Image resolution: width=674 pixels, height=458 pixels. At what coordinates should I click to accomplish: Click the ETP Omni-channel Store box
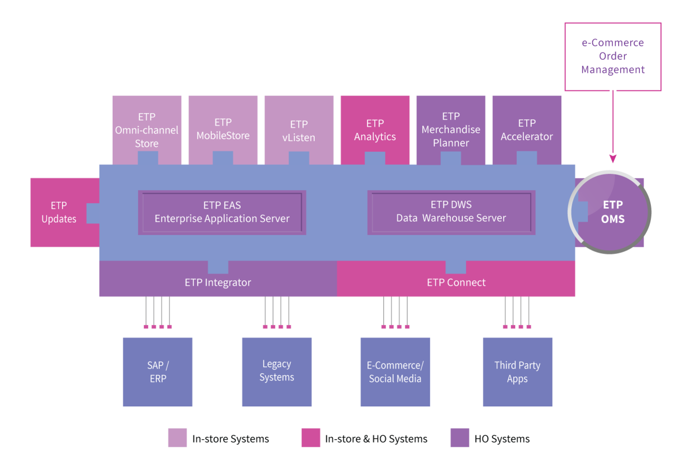[x=147, y=130]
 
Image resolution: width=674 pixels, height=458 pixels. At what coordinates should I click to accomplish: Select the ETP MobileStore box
[x=223, y=130]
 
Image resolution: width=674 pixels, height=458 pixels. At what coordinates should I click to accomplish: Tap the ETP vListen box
[x=299, y=130]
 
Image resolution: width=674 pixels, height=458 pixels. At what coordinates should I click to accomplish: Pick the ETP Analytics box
[x=375, y=130]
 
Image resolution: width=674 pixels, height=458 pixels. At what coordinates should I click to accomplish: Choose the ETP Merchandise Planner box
[x=451, y=130]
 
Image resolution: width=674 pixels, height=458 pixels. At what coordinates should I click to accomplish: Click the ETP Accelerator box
[x=527, y=130]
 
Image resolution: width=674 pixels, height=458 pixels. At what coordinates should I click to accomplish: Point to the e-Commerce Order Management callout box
[x=613, y=57]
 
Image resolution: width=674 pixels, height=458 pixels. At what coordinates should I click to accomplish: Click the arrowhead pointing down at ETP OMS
[x=613, y=159]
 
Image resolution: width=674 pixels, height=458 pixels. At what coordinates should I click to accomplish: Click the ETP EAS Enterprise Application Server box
[x=222, y=213]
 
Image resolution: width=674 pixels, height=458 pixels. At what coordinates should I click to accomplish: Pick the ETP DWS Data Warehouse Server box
[x=452, y=213]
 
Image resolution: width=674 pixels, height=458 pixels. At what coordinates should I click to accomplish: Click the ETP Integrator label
[x=218, y=283]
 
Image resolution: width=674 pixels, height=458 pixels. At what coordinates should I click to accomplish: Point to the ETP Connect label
[x=456, y=283]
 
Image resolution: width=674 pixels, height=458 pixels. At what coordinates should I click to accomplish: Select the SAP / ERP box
[x=158, y=372]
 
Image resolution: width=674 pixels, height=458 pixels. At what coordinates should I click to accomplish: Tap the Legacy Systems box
[x=277, y=372]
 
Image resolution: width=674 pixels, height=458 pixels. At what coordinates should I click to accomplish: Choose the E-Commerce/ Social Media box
[x=395, y=372]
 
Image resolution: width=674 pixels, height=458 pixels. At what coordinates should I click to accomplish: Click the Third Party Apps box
[x=518, y=372]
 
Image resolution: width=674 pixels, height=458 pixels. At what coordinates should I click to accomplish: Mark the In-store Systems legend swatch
[x=178, y=438]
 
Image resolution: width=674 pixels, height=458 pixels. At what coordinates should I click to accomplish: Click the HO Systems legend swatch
[x=460, y=438]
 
